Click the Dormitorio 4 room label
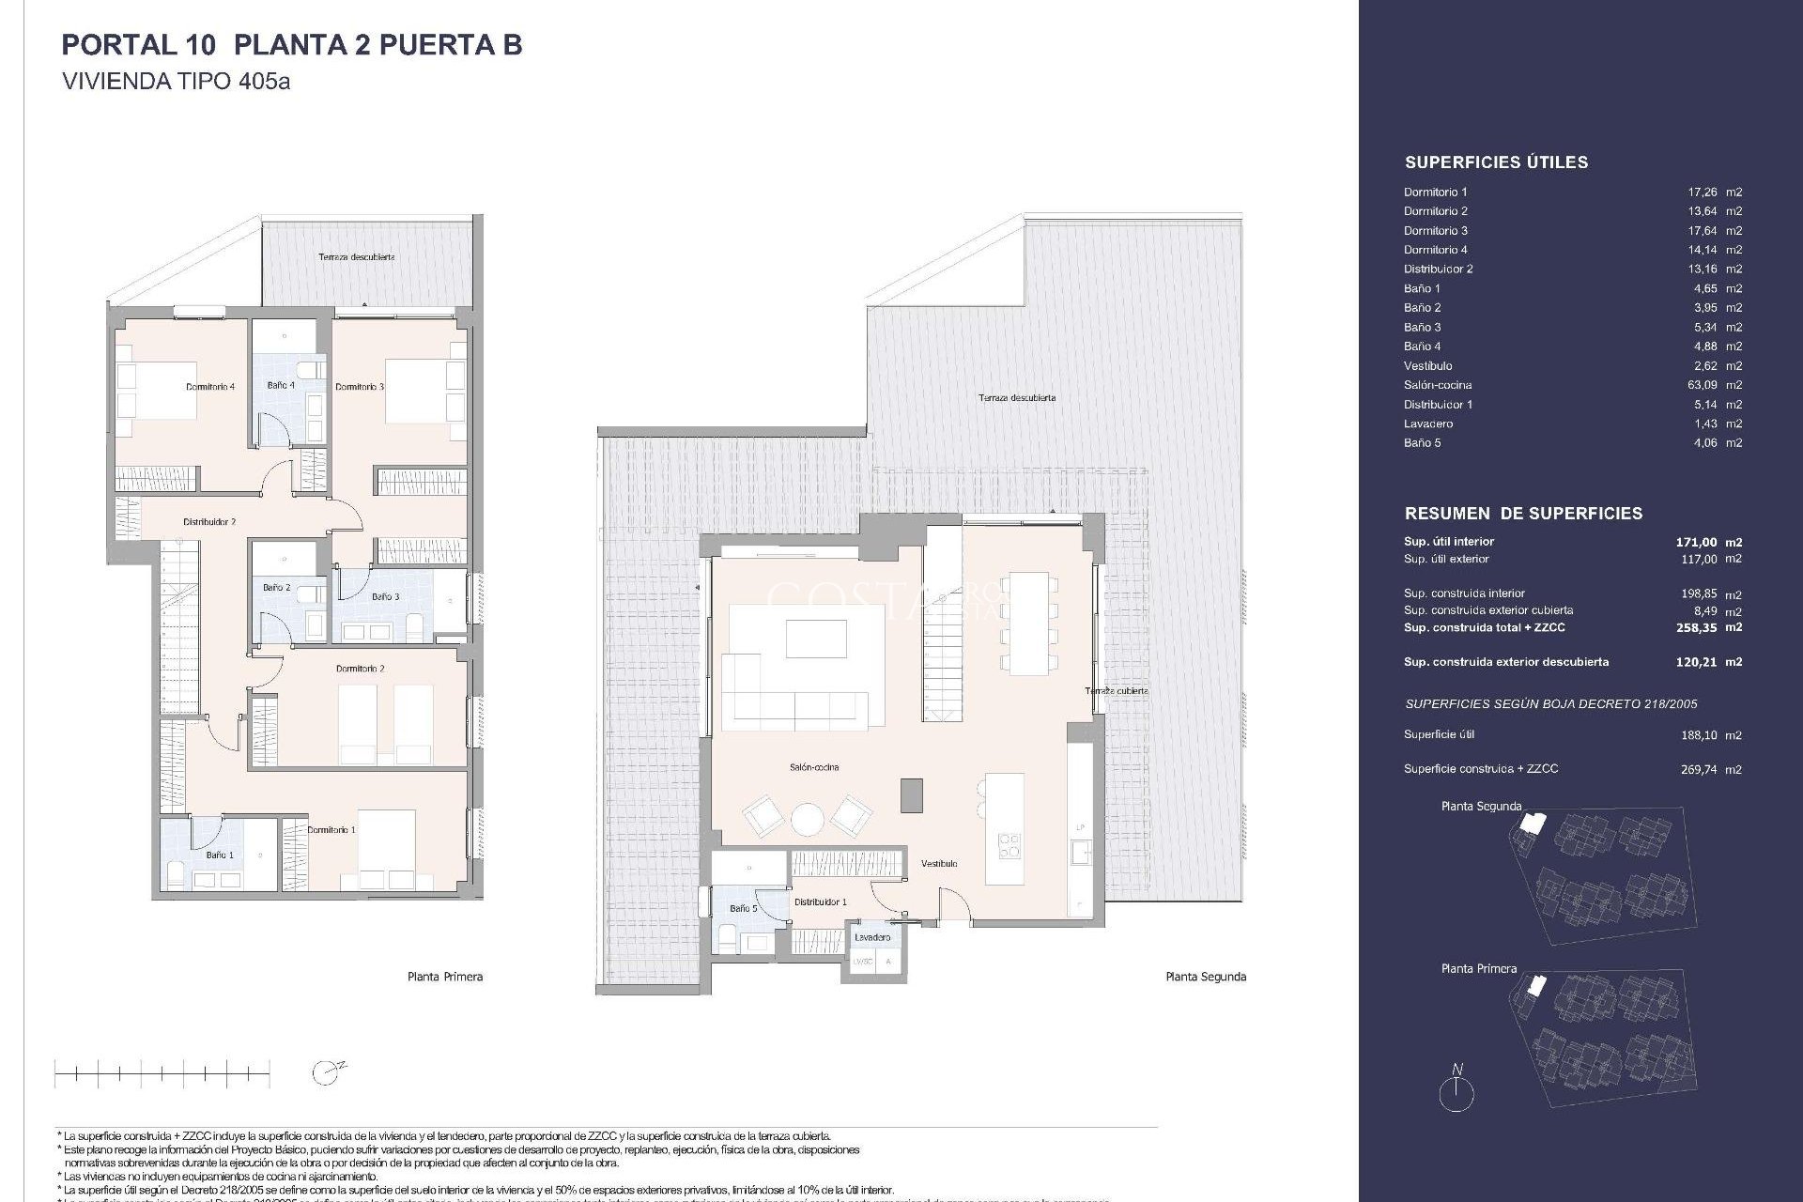coord(210,387)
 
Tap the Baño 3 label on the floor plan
coord(385,597)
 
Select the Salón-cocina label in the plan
coord(814,768)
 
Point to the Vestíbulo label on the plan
coord(939,864)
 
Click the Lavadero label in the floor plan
coord(872,937)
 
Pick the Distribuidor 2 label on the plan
coord(209,522)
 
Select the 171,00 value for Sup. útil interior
coord(1696,542)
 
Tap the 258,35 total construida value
coord(1696,627)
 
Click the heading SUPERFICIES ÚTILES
coord(1496,162)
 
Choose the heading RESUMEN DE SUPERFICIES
coord(1523,514)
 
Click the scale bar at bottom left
coord(162,1071)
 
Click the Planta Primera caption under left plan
coord(445,977)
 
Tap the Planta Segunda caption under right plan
coord(1206,977)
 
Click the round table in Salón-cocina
coord(808,819)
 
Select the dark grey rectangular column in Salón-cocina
coord(911,794)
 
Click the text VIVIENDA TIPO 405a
coord(177,82)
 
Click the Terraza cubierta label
coord(1117,691)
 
